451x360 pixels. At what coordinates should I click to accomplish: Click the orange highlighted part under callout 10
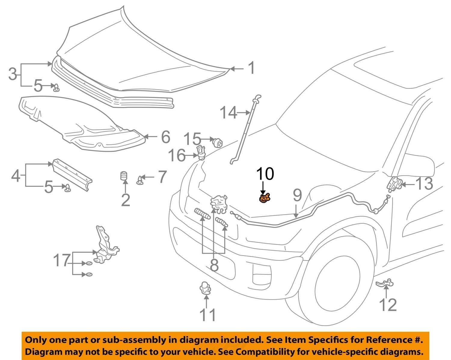(264, 198)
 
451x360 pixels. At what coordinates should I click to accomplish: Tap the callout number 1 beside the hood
(251, 68)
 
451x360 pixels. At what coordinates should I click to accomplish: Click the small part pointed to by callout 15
(217, 142)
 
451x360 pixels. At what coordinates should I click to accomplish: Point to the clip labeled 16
(201, 152)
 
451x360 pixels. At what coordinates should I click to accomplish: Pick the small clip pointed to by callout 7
(140, 180)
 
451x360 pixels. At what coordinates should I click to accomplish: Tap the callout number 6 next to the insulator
(165, 137)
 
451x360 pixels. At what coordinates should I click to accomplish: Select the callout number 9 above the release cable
(297, 195)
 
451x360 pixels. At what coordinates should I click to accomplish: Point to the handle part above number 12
(385, 283)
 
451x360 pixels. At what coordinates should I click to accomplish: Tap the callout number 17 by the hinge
(62, 260)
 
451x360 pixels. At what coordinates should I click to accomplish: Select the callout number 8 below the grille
(214, 265)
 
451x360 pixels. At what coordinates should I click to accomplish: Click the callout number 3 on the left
(13, 74)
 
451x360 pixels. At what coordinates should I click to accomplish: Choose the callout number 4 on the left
(16, 176)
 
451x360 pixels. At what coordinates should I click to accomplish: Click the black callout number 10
(265, 174)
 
